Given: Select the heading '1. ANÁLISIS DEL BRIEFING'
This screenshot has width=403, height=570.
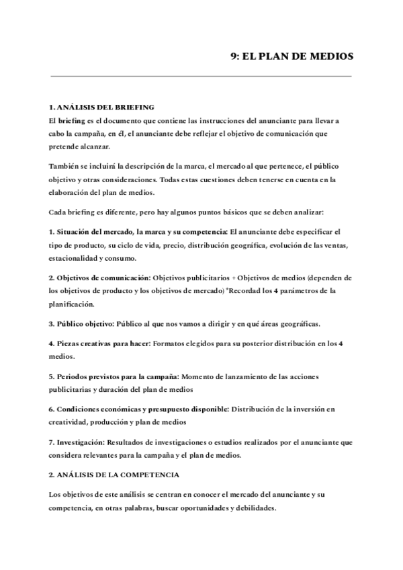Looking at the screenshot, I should [102, 107].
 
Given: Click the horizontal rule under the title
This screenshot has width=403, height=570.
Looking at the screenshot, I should [201, 76].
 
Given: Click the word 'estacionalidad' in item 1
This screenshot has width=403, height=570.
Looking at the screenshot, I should [74, 258].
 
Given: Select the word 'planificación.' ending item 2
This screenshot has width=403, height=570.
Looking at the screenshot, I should [73, 304].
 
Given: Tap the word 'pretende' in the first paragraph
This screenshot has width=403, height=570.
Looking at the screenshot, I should [64, 147].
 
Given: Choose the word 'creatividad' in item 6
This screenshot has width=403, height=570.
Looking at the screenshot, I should [72, 421].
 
